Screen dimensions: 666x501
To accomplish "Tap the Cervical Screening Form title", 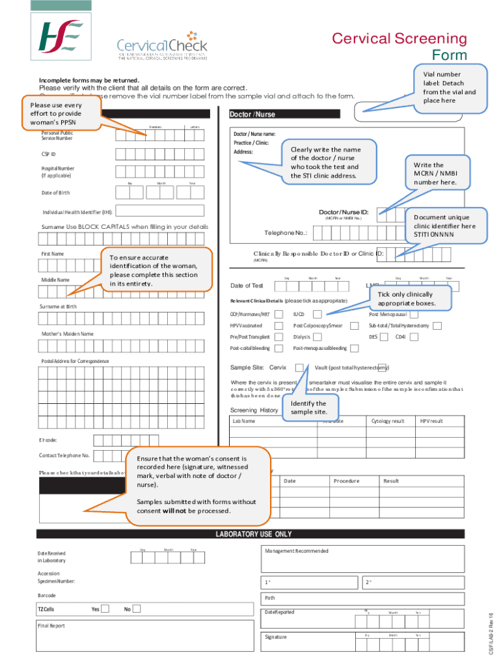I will [409, 46].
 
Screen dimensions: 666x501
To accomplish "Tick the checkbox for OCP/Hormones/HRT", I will [278, 315].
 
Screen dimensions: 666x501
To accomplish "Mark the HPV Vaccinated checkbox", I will [278, 326].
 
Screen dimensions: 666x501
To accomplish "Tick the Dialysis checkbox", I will [317, 337].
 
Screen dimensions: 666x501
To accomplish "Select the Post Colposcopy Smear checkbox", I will [354, 326].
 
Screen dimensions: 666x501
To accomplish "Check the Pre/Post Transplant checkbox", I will [278, 337].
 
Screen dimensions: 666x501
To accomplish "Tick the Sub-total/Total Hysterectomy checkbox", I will [438, 326].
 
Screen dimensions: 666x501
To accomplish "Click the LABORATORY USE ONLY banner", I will [254, 535].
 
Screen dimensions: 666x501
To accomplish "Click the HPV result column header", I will [431, 421].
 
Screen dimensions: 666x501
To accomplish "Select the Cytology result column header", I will [388, 421].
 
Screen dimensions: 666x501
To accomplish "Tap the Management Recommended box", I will [363, 559].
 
